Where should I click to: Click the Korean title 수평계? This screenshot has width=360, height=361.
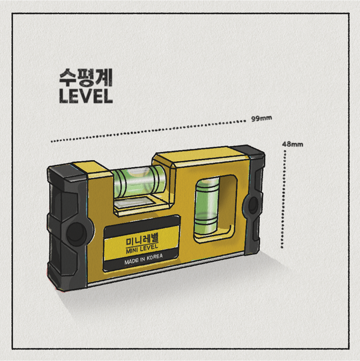pos(86,77)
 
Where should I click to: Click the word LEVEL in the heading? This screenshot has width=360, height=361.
pos(86,96)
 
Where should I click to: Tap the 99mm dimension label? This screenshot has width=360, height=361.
pos(261,118)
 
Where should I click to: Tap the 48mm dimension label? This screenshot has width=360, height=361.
pos(292,145)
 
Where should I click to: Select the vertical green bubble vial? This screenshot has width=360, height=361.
pos(206,207)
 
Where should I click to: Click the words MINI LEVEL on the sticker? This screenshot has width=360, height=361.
pos(142,249)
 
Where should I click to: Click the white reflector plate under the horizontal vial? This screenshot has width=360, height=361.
pos(135,202)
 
